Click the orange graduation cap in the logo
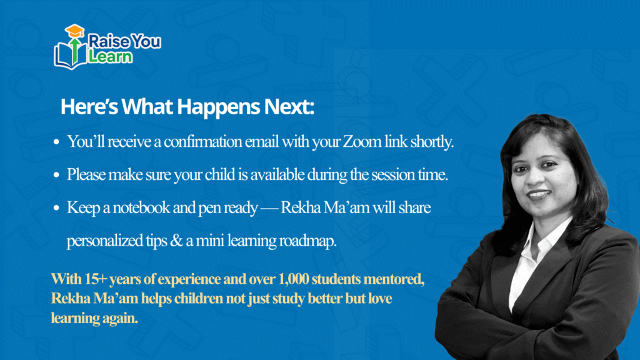coord(75,31)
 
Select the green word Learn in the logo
coord(110,56)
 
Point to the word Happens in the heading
coord(218,107)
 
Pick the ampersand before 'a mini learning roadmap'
coord(176,241)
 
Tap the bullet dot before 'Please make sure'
coord(56,175)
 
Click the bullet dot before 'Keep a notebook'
coord(56,208)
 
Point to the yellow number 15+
coord(96,279)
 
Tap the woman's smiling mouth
coord(539,195)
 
